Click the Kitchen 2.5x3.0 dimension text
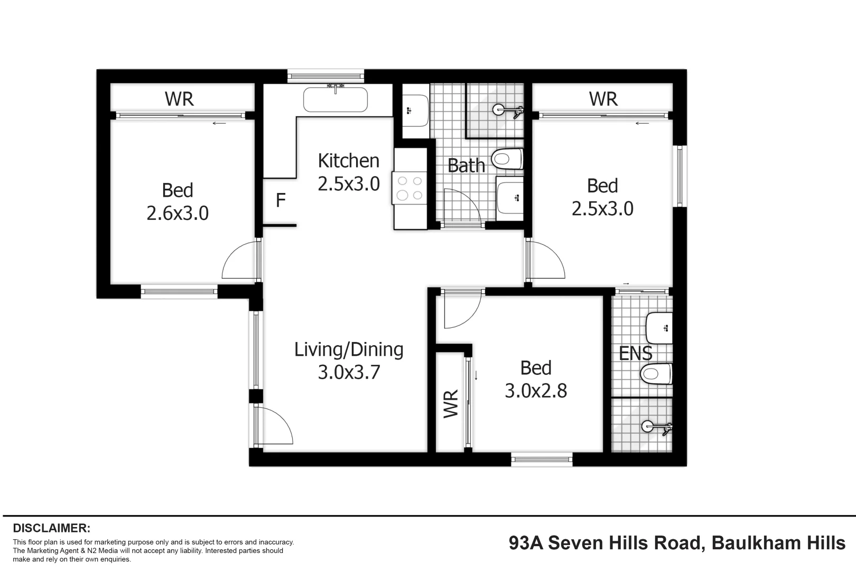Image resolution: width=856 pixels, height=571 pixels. (349, 184)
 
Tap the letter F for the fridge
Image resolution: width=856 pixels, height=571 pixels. (281, 200)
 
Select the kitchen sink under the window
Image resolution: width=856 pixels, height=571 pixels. (336, 99)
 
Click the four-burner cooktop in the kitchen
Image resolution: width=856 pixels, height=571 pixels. (410, 188)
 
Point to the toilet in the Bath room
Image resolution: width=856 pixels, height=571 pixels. (508, 159)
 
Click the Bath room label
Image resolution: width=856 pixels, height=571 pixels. (466, 165)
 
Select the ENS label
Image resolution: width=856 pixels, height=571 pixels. (635, 353)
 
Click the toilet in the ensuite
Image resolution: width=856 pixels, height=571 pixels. (655, 374)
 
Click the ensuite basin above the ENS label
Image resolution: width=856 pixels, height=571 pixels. (659, 328)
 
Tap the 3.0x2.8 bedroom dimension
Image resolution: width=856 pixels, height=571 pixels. (536, 391)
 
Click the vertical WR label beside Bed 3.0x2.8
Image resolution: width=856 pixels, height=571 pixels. (451, 404)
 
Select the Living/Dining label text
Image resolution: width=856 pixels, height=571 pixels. (349, 349)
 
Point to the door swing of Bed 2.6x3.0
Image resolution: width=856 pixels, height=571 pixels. (240, 262)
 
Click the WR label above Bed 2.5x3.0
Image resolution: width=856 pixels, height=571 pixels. (603, 99)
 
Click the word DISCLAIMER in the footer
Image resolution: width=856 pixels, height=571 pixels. (52, 528)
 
